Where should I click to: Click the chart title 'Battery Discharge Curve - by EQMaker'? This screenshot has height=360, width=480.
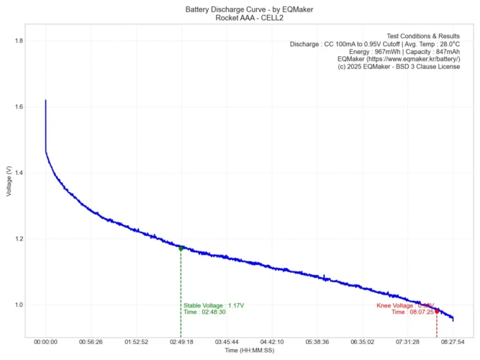(x=240, y=9)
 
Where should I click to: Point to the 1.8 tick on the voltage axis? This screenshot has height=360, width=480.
(x=18, y=41)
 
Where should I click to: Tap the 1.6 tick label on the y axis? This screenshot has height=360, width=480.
(x=18, y=107)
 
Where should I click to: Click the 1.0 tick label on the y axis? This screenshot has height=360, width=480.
(x=18, y=305)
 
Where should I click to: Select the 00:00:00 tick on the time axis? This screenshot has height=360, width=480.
(x=45, y=342)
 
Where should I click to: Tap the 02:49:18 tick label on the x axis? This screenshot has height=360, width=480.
(x=181, y=342)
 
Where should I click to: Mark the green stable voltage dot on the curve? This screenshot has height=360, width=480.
(x=181, y=248)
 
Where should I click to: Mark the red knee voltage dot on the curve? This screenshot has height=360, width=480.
(x=437, y=311)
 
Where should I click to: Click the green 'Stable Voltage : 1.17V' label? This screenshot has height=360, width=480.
(x=214, y=305)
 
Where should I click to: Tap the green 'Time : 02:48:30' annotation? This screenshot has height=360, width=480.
(x=204, y=312)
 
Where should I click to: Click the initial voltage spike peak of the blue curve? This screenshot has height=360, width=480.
(x=45, y=101)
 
